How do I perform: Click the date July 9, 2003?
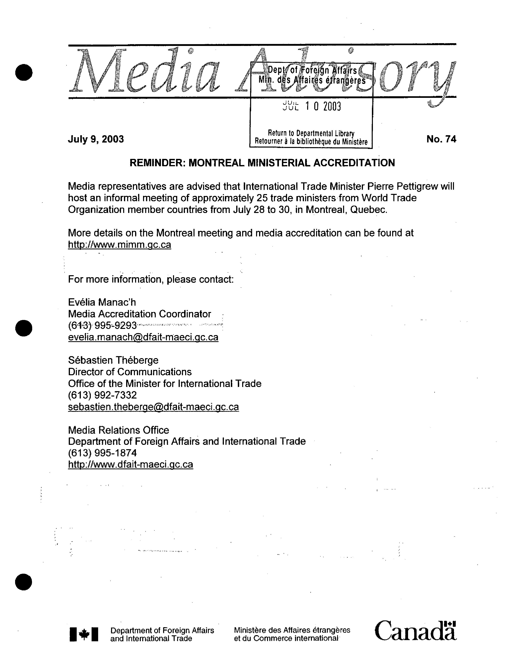pyautogui.click(x=96, y=139)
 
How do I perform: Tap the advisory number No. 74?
pyautogui.click(x=441, y=139)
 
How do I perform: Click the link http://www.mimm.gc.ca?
pyautogui.click(x=120, y=245)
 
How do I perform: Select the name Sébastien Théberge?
pyautogui.click(x=113, y=360)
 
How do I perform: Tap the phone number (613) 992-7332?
pyautogui.click(x=102, y=395)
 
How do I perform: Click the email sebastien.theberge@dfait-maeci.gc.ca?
pyautogui.click(x=153, y=407)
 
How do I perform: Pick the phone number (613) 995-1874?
pyautogui.click(x=102, y=453)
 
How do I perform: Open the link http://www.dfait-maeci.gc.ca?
pyautogui.click(x=131, y=465)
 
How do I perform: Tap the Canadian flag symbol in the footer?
pyautogui.click(x=84, y=634)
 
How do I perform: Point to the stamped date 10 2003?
pyautogui.click(x=323, y=107)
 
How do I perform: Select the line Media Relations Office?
pyautogui.click(x=118, y=430)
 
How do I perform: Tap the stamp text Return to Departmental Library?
pyautogui.click(x=311, y=133)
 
